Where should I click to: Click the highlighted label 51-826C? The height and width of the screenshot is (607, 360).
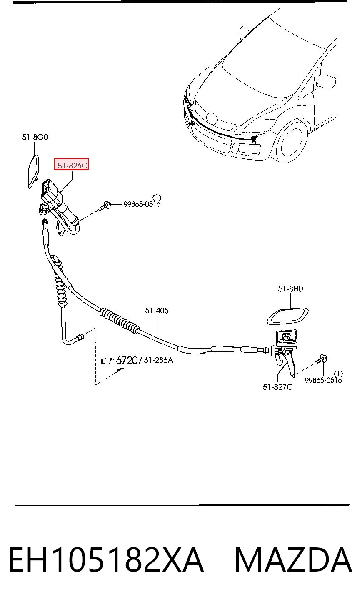pyautogui.click(x=72, y=165)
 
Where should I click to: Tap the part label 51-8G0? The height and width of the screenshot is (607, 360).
pyautogui.click(x=35, y=138)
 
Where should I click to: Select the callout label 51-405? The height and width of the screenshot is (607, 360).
pyautogui.click(x=157, y=310)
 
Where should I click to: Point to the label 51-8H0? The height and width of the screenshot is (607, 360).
pyautogui.click(x=290, y=289)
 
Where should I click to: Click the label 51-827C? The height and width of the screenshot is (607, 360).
pyautogui.click(x=277, y=387)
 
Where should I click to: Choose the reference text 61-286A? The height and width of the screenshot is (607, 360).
pyautogui.click(x=158, y=360)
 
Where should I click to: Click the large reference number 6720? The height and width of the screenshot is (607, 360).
pyautogui.click(x=127, y=360)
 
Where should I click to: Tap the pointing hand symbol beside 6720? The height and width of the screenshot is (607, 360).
pyautogui.click(x=107, y=361)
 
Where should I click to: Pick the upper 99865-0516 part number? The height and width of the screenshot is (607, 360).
pyautogui.click(x=142, y=204)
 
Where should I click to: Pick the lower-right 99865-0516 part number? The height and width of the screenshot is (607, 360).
pyautogui.click(x=323, y=380)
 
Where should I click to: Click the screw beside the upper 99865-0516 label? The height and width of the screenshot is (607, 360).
pyautogui.click(x=105, y=206)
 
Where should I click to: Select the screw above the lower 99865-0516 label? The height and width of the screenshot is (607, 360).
pyautogui.click(x=321, y=359)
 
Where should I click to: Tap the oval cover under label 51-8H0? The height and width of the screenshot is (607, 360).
pyautogui.click(x=287, y=316)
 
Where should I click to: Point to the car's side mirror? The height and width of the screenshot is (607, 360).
pyautogui.click(x=326, y=81)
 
